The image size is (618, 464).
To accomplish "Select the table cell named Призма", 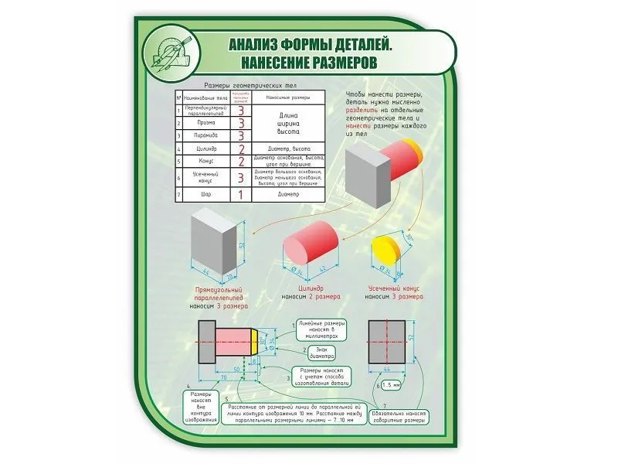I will point(207,122).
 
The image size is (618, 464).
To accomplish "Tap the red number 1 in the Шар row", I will point(241,195).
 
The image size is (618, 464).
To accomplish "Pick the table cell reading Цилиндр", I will point(207,148).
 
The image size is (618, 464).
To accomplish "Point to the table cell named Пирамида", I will point(207,135).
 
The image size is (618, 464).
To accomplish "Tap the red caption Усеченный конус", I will point(394,288).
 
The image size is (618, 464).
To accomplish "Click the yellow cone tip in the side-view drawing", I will point(256,343).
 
